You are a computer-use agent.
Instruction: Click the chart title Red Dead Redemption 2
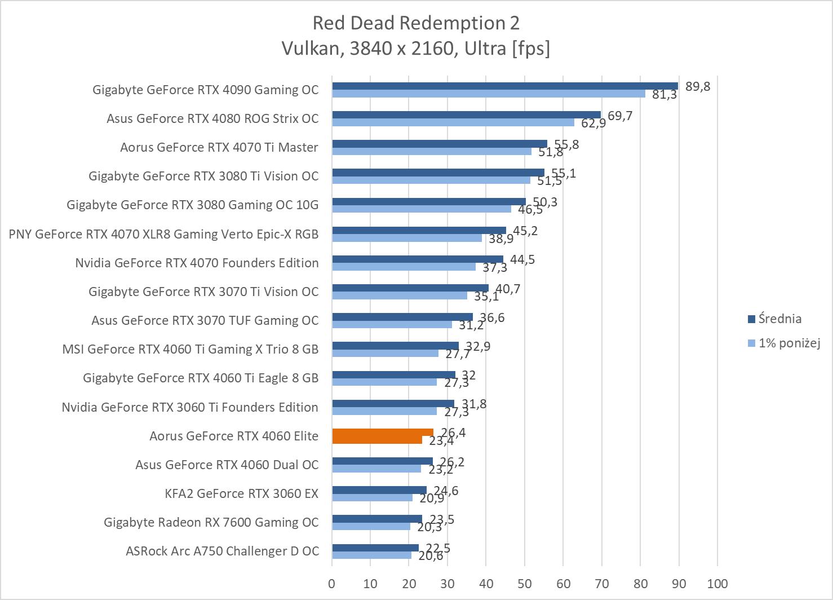[416, 23]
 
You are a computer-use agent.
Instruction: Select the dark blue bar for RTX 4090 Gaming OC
[504, 86]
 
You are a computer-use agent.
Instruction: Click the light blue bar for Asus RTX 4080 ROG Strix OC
[453, 122]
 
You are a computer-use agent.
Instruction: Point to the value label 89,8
[698, 86]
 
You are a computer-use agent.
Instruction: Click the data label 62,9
[593, 123]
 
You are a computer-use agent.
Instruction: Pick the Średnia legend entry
[779, 319]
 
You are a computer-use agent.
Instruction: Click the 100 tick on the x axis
[717, 583]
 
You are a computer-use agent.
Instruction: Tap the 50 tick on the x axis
[524, 583]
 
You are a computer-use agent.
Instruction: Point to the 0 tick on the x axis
[332, 583]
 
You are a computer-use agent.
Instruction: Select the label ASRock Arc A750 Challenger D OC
[222, 551]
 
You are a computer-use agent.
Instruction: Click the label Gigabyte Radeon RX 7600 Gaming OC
[211, 522]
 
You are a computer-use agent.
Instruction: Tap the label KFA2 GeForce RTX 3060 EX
[241, 493]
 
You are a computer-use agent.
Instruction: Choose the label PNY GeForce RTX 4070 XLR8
[163, 233]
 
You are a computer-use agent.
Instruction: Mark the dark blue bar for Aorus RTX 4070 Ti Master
[440, 144]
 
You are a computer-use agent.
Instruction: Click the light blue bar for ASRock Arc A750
[371, 555]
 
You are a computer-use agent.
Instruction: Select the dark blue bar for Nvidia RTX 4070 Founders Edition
[418, 259]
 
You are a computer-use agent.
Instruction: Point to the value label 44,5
[522, 260]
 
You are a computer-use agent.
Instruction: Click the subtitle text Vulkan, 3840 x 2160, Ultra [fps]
[416, 49]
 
